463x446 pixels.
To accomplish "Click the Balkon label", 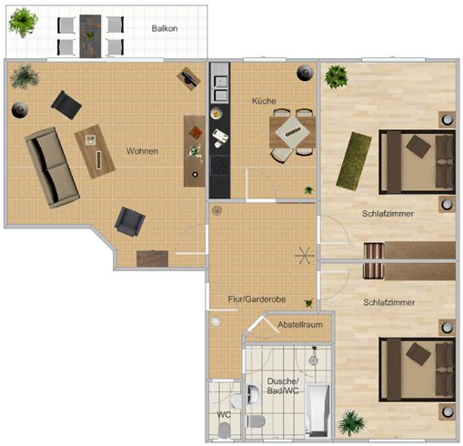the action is [x=165, y=28].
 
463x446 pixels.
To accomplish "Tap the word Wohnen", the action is [x=142, y=151].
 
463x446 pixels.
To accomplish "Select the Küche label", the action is [x=264, y=101].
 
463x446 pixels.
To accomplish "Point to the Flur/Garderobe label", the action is [x=257, y=299].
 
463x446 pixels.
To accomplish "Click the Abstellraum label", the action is [x=300, y=325].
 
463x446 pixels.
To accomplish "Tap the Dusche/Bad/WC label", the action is [x=283, y=386].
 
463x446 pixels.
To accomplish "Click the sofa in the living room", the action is [x=52, y=167].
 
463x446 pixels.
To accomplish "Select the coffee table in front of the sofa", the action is [x=95, y=151].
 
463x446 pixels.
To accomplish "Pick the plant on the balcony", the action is [x=23, y=23].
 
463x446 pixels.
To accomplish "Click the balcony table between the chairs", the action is [x=90, y=36].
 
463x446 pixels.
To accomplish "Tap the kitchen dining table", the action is [x=292, y=132].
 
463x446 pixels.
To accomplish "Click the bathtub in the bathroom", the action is [x=317, y=411].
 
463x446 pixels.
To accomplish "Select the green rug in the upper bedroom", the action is [x=354, y=161].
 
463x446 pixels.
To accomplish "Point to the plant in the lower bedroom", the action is [x=351, y=423].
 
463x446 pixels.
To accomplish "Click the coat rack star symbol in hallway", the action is [x=305, y=256].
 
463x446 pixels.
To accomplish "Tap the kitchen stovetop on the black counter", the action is [x=220, y=166].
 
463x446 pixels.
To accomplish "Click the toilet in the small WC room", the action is [x=224, y=430].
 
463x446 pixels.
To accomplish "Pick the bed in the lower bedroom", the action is [x=417, y=370].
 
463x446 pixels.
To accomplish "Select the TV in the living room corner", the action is [x=188, y=78].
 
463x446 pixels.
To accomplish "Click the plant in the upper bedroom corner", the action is [x=336, y=77].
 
